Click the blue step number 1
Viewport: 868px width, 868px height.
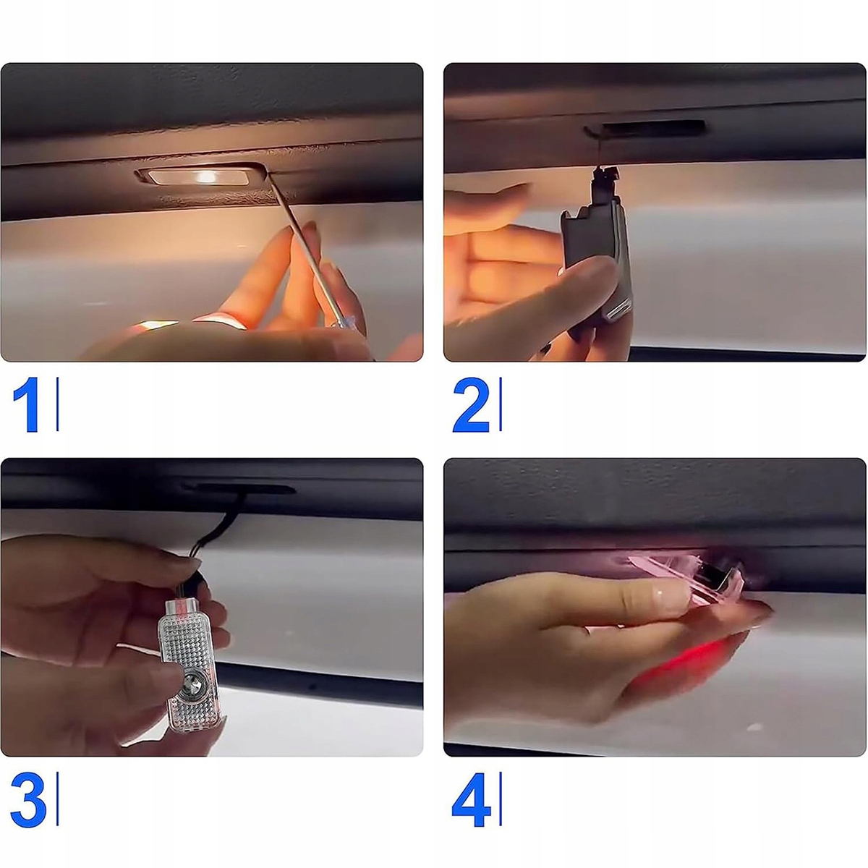27,404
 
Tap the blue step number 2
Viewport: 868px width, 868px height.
471,405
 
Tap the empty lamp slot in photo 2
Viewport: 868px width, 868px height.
654,128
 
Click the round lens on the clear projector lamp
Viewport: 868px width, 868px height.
192,688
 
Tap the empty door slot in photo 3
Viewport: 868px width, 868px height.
238,489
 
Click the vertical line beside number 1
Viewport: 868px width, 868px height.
57,404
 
